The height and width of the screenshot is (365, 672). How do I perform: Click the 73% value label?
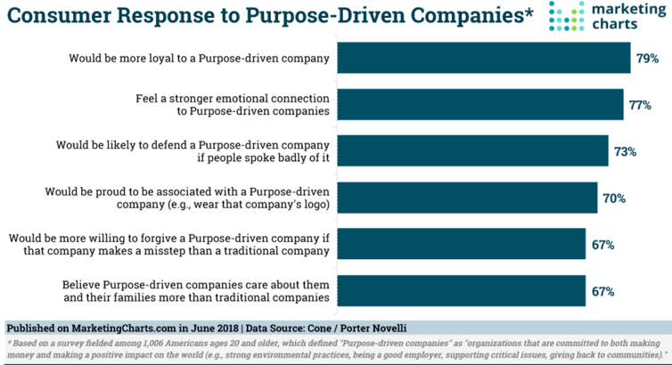coord(625,151)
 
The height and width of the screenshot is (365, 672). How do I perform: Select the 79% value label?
coord(648,59)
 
